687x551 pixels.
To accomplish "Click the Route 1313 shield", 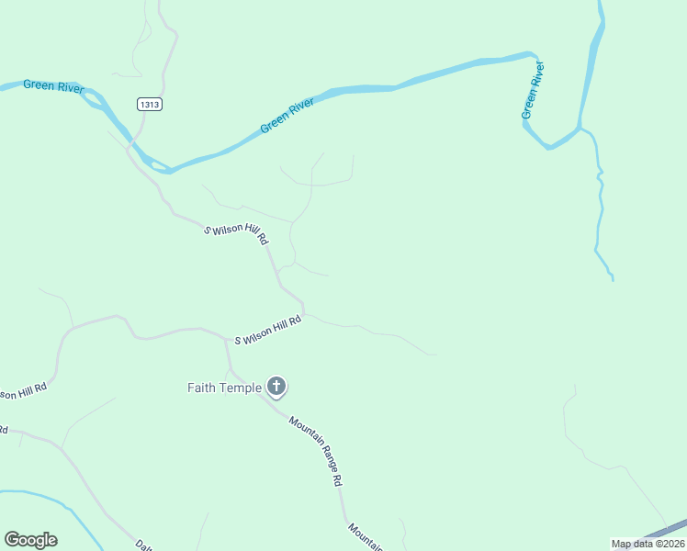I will [x=150, y=105].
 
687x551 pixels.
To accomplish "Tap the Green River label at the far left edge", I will [x=53, y=86].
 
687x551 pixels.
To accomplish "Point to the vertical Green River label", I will [x=533, y=90].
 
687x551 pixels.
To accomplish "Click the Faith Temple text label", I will [x=224, y=388].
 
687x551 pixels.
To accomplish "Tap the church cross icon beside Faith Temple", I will [x=276, y=387].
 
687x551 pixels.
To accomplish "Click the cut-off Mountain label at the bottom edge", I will [x=365, y=537].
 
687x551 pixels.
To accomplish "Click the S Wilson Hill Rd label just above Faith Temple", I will [x=268, y=332].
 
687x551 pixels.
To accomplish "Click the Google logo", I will [x=30, y=540].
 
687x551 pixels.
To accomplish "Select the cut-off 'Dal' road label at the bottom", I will [x=143, y=544].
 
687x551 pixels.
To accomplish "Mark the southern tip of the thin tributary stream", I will [x=613, y=279].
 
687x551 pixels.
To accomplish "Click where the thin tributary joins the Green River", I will [x=580, y=128].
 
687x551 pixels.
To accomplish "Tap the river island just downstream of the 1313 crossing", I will [x=159, y=166].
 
